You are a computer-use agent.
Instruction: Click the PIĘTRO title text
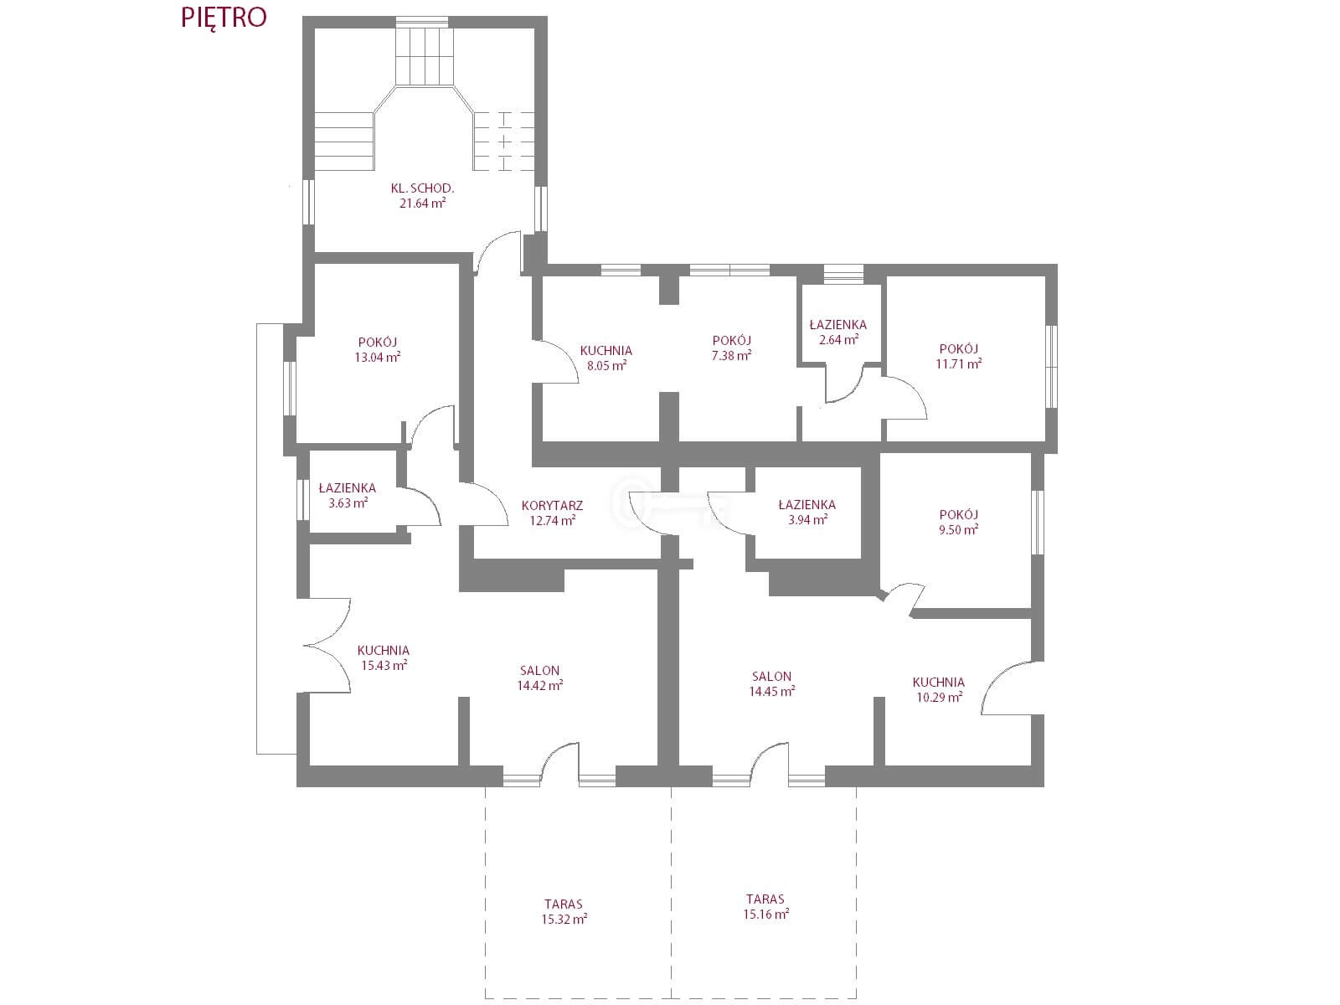tap(224, 18)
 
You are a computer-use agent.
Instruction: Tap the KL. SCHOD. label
tap(422, 188)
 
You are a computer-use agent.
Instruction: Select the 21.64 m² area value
tap(422, 204)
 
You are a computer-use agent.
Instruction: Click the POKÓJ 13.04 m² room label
tap(377, 349)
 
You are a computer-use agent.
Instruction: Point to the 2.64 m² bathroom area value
tap(839, 340)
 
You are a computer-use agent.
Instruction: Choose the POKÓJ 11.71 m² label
tap(958, 357)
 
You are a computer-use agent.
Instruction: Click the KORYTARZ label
tap(552, 505)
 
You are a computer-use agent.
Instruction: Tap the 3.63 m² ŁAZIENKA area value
tap(348, 503)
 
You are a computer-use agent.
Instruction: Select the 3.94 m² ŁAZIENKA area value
tap(807, 520)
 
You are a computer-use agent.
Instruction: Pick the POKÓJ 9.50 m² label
tap(958, 523)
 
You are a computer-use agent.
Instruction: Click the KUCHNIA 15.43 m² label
tap(384, 657)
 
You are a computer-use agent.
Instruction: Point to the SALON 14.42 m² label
tap(539, 678)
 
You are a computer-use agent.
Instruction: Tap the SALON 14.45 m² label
tap(771, 684)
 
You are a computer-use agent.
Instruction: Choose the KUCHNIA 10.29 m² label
tap(939, 689)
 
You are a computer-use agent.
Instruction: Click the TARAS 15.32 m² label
tap(564, 912)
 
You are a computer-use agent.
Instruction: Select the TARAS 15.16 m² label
tap(765, 907)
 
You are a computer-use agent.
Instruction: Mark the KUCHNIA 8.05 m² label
tap(606, 358)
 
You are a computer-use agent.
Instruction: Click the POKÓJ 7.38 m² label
tap(731, 348)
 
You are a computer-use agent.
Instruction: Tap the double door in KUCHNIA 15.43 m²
tap(327, 645)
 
